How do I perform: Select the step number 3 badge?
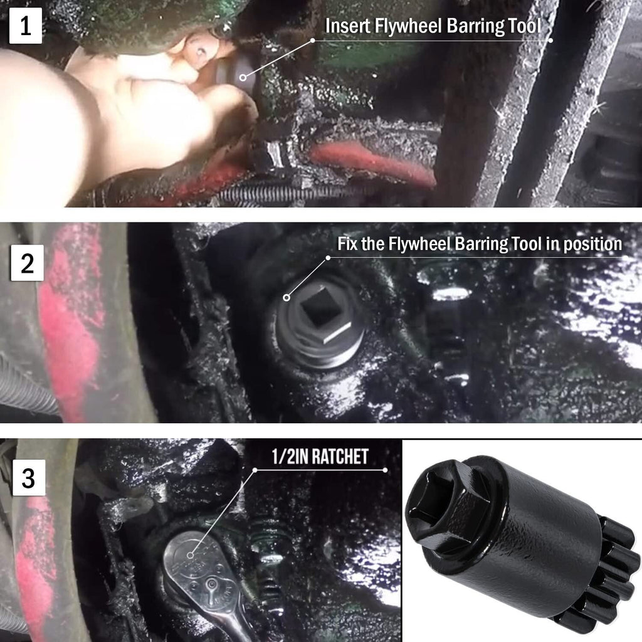pyautogui.click(x=28, y=477)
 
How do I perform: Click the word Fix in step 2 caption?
pyautogui.click(x=347, y=244)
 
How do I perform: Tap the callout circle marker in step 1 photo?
pyautogui.click(x=243, y=77)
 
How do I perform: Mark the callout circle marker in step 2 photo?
pyautogui.click(x=287, y=298)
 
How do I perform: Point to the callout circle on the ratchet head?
pyautogui.click(x=190, y=555)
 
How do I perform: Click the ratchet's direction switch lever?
pyautogui.click(x=211, y=584)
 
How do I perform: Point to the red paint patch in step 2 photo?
pyautogui.click(x=71, y=324)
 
